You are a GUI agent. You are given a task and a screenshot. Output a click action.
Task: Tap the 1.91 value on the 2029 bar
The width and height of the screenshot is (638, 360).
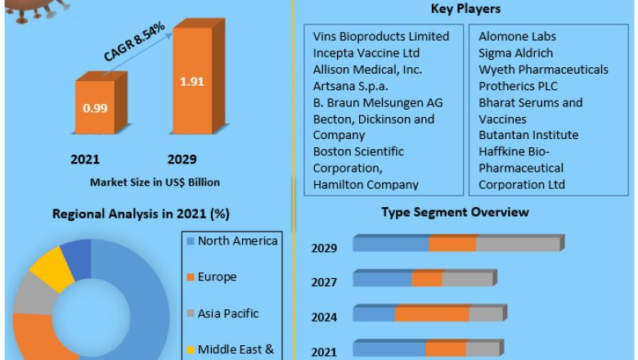click(191, 82)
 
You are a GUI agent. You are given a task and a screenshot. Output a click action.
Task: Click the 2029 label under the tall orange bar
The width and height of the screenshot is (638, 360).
click(182, 159)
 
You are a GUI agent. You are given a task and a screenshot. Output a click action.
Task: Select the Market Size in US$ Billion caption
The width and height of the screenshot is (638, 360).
click(155, 182)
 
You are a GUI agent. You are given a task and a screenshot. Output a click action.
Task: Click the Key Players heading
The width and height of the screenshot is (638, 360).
click(465, 9)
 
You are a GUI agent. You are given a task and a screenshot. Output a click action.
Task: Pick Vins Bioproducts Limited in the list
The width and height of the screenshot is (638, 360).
click(381, 37)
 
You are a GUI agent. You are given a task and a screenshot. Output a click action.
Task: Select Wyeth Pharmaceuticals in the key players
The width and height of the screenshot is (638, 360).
click(543, 70)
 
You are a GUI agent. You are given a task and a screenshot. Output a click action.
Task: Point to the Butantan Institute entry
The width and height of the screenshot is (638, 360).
click(528, 135)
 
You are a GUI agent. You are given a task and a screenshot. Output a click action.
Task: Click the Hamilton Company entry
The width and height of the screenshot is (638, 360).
click(366, 184)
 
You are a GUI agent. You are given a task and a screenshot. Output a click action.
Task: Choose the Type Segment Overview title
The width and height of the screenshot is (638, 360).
click(455, 212)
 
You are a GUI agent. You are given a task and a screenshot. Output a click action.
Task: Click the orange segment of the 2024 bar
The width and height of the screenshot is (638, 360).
click(432, 314)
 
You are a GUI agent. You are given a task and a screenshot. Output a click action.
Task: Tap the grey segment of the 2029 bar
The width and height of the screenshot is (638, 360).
click(517, 244)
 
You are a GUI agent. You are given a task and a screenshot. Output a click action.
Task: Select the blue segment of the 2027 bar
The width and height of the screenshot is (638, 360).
click(382, 279)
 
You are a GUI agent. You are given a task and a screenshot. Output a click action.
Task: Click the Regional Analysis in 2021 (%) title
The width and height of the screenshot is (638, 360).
click(141, 214)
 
